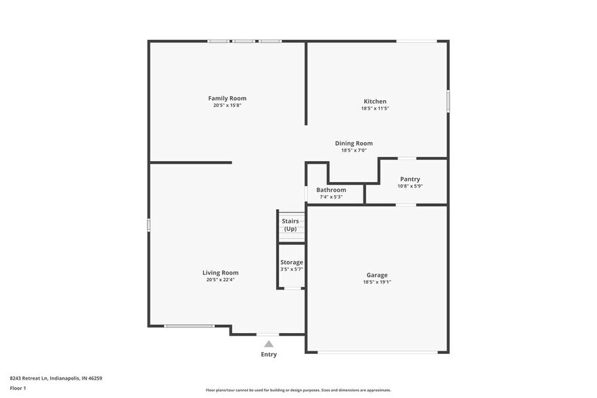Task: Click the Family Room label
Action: point(227,98)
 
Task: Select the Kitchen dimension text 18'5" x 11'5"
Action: point(374,108)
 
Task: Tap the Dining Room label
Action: point(353,143)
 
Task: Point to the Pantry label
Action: point(410,179)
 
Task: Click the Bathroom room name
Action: point(331,190)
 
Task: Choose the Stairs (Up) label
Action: point(290,225)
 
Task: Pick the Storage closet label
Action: point(292,262)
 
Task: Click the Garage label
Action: point(377,275)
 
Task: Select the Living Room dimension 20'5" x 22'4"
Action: point(221,280)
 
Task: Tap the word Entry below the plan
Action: point(269,354)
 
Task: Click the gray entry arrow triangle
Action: point(269,344)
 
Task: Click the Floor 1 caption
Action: point(18,388)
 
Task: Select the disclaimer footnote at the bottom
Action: point(298,390)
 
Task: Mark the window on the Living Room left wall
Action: point(149,225)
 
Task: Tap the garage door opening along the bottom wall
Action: point(377,352)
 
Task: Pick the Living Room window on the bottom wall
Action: point(190,326)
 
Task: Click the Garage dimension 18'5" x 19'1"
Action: point(377,282)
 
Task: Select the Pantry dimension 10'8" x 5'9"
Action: point(410,186)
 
